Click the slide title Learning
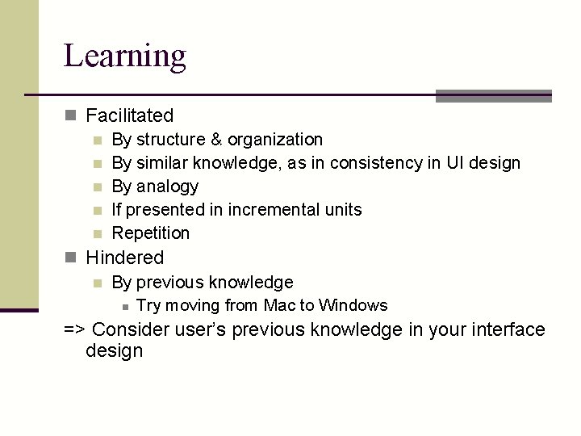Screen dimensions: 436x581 coord(125,57)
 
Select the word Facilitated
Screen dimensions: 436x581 coord(129,116)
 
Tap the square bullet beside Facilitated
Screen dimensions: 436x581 coord(71,117)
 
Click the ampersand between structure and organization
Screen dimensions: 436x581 coord(216,140)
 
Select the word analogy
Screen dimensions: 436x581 coord(167,187)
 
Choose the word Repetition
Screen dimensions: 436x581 coord(151,233)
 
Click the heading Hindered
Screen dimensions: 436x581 coord(124,258)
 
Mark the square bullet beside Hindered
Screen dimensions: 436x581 coord(71,258)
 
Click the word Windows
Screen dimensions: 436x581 coord(353,305)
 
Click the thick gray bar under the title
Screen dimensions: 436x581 coord(493,96)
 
